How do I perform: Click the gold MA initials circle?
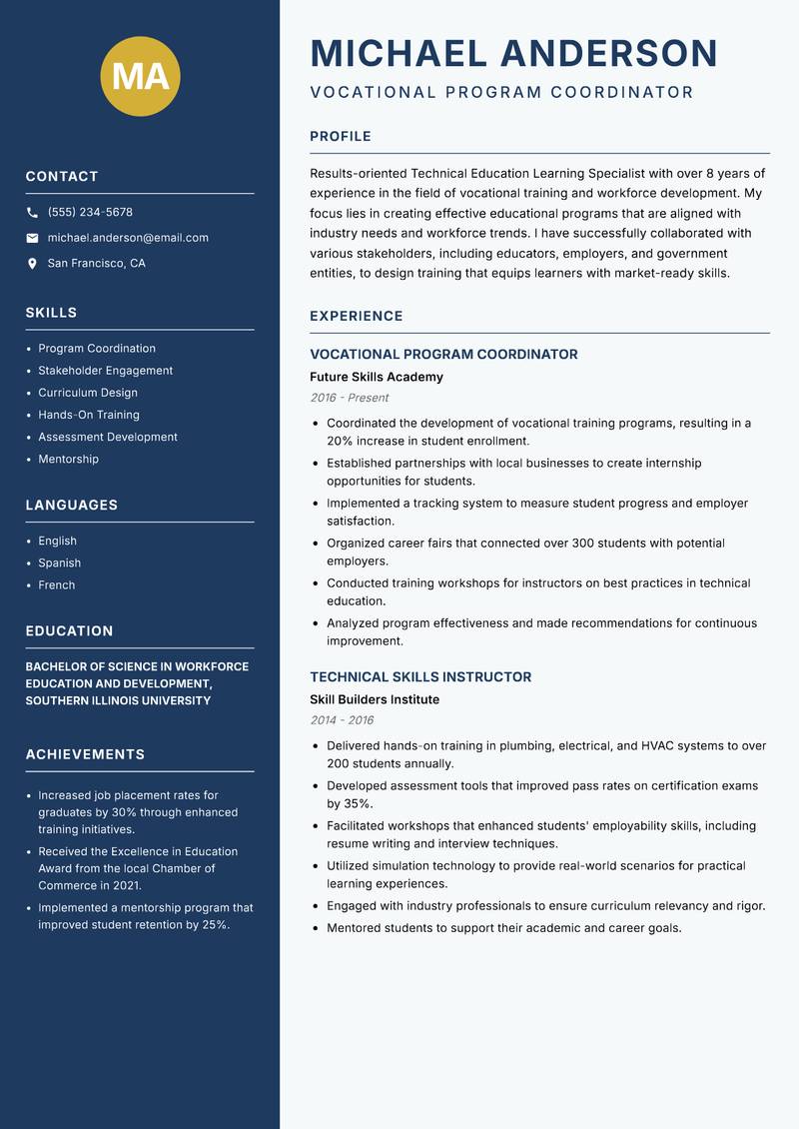[141, 76]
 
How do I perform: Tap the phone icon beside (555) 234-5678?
[32, 213]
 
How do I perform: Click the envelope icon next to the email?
[32, 238]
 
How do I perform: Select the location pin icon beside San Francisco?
[32, 264]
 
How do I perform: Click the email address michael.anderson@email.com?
[128, 238]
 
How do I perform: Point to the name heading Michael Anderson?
[513, 53]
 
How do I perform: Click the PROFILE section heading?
[340, 136]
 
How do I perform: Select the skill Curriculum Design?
[88, 393]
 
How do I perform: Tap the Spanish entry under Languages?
[59, 563]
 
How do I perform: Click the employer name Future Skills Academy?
[376, 377]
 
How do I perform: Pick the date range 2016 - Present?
[349, 398]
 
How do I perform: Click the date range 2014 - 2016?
[342, 720]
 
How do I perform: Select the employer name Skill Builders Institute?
[375, 699]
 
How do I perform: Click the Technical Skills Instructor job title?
[420, 676]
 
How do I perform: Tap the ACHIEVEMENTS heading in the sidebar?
[85, 754]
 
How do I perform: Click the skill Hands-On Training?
[89, 415]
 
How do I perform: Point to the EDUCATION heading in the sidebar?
[69, 630]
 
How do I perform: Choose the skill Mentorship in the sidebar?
[68, 459]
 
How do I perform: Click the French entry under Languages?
[56, 584]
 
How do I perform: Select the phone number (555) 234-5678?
[90, 212]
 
